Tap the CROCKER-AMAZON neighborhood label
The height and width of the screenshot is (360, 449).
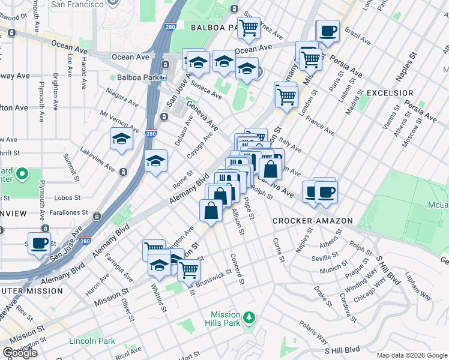tap(312, 221)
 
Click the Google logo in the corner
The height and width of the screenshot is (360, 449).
tap(20, 352)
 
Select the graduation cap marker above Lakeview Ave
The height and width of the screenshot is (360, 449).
tap(122, 140)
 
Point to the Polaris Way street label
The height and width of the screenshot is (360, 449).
tap(313, 333)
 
